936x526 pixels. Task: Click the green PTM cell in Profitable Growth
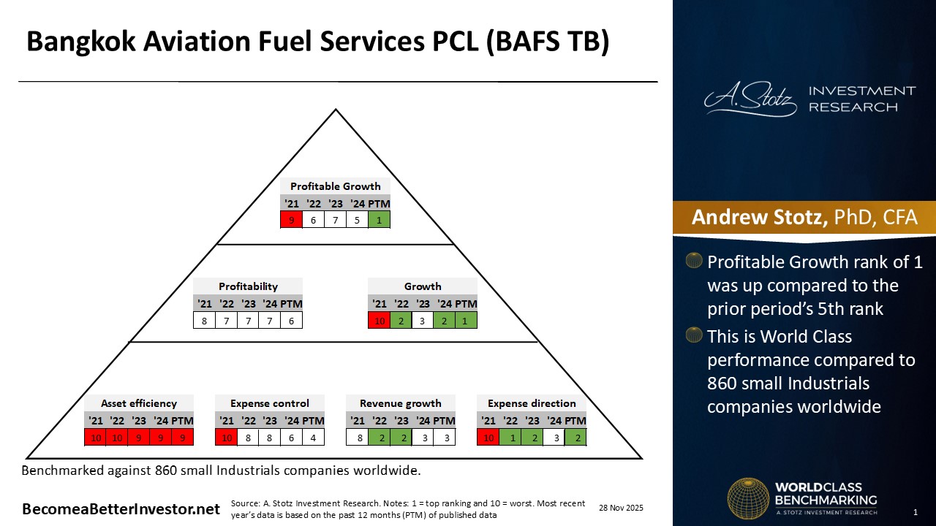click(x=379, y=219)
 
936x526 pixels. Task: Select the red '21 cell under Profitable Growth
click(x=291, y=219)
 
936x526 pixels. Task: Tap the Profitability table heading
click(x=248, y=286)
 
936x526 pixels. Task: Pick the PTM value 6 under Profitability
click(x=291, y=320)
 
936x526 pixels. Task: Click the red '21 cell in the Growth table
click(x=379, y=320)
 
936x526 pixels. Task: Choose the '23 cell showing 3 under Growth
click(x=423, y=320)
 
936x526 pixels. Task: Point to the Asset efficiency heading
click(x=139, y=403)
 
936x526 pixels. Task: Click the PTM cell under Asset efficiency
click(x=182, y=437)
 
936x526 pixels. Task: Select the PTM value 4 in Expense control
click(x=313, y=437)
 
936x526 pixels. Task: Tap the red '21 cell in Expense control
click(x=226, y=437)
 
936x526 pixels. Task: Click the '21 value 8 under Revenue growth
click(x=357, y=437)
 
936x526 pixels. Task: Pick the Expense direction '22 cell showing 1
click(x=510, y=437)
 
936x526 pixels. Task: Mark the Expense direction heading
click(x=532, y=403)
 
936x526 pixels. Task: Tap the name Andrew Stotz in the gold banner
click(x=758, y=217)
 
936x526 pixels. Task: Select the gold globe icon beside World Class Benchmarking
click(x=747, y=499)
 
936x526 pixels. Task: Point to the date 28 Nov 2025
click(x=621, y=508)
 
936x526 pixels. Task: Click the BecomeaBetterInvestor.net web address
click(x=121, y=509)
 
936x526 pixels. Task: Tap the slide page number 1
click(x=915, y=511)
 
